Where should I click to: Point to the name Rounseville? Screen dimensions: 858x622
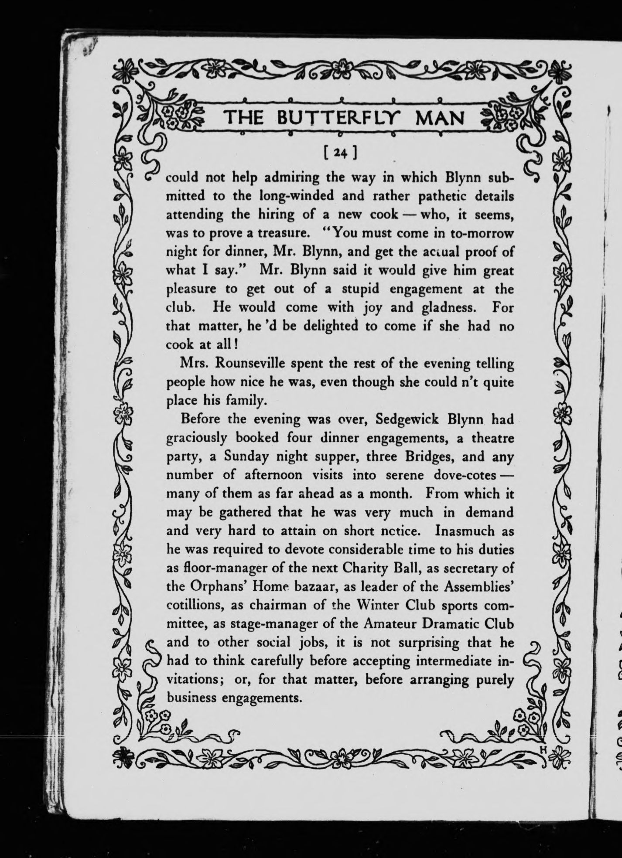[241, 364]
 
